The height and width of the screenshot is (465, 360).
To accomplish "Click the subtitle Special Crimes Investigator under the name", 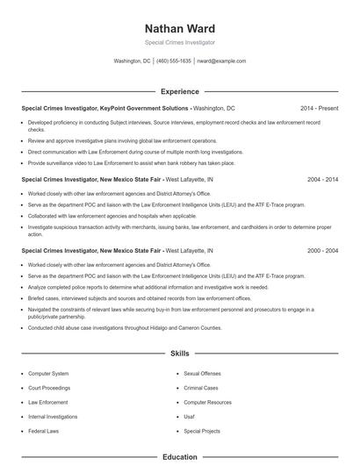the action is [179, 42].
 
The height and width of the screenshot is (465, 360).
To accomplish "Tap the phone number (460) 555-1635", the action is [174, 61].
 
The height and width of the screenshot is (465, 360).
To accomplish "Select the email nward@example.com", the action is [221, 61].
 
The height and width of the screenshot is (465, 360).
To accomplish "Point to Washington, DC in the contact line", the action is [133, 61].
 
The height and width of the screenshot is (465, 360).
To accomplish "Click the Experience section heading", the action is [179, 91].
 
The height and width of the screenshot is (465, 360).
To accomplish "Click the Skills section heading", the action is [179, 353].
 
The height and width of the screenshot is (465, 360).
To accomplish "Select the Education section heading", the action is [179, 457].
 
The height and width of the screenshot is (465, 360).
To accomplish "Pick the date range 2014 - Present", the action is [319, 108].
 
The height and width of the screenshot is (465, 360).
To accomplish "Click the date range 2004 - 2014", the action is [322, 179].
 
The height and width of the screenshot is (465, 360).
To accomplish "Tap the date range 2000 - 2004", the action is [322, 250].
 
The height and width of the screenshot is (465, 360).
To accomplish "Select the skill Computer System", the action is [48, 373].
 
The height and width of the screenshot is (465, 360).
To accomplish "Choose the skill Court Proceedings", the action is [50, 387].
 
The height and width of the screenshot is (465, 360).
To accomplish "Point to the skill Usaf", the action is [189, 417].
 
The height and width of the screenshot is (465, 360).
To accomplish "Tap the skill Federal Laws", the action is [44, 431].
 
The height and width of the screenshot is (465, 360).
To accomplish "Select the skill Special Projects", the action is [202, 431].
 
